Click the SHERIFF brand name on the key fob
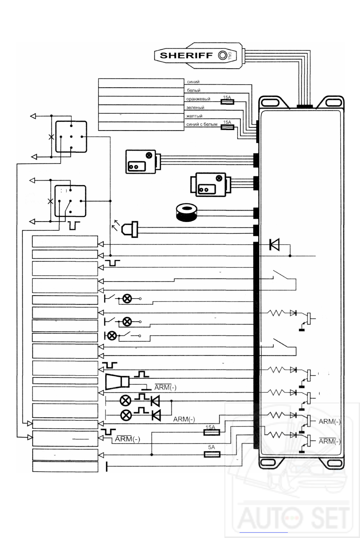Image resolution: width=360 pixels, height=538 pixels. (186, 55)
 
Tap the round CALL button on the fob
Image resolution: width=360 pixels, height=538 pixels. (222, 55)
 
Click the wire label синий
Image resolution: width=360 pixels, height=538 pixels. (193, 82)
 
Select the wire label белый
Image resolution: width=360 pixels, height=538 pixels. (194, 91)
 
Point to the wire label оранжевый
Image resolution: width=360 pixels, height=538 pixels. (198, 99)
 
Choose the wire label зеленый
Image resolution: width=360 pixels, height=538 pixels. (196, 108)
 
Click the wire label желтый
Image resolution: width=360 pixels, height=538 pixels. (194, 116)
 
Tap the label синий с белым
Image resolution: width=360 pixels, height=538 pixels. (202, 124)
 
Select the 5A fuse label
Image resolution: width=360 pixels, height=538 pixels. (212, 447)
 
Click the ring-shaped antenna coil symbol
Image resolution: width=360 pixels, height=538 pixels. (186, 212)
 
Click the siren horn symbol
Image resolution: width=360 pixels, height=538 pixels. (117, 381)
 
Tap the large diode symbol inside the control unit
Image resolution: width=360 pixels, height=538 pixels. (275, 245)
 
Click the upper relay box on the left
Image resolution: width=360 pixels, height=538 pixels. (71, 137)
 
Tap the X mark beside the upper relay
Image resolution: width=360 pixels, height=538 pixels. (51, 137)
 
